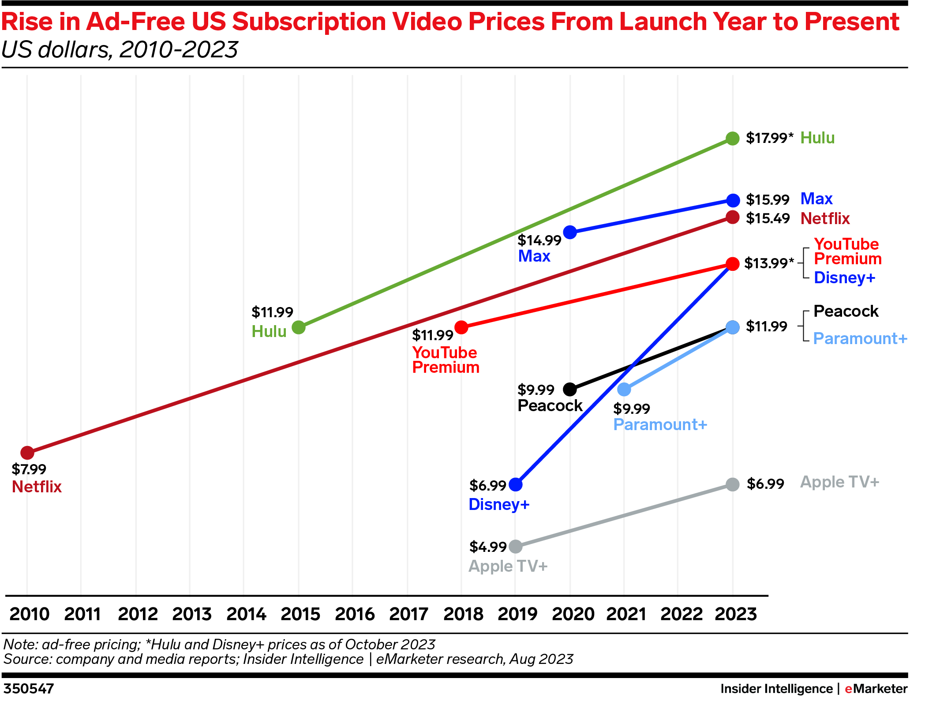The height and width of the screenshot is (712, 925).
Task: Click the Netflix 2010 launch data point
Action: (27, 452)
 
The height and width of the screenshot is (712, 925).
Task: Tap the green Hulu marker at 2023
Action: (732, 139)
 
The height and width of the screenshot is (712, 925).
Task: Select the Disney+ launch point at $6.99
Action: (515, 484)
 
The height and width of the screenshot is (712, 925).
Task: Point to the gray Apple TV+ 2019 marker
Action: (515, 547)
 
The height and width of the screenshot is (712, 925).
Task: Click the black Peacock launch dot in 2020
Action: (570, 389)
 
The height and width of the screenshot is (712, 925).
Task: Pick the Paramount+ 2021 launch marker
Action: (624, 389)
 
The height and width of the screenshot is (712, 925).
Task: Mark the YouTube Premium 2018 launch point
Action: (461, 327)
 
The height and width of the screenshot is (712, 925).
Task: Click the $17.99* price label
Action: (769, 138)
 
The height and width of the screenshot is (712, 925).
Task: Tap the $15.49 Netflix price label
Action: (768, 218)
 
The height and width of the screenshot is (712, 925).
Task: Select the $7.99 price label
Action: (29, 469)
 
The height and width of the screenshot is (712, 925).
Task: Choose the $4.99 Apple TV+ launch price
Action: (487, 547)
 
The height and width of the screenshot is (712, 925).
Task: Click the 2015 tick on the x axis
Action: (300, 614)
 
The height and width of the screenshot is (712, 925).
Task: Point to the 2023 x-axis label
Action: (736, 614)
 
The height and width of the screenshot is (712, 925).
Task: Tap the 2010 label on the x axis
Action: (30, 614)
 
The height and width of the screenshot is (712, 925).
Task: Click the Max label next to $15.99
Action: (816, 199)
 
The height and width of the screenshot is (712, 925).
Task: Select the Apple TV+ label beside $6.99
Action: (839, 482)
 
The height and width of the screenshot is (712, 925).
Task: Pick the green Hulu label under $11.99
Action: (269, 331)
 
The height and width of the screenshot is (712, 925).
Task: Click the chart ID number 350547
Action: (29, 689)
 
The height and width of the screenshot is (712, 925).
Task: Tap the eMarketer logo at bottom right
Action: (876, 689)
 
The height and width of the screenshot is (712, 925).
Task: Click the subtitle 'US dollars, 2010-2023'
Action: (120, 49)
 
